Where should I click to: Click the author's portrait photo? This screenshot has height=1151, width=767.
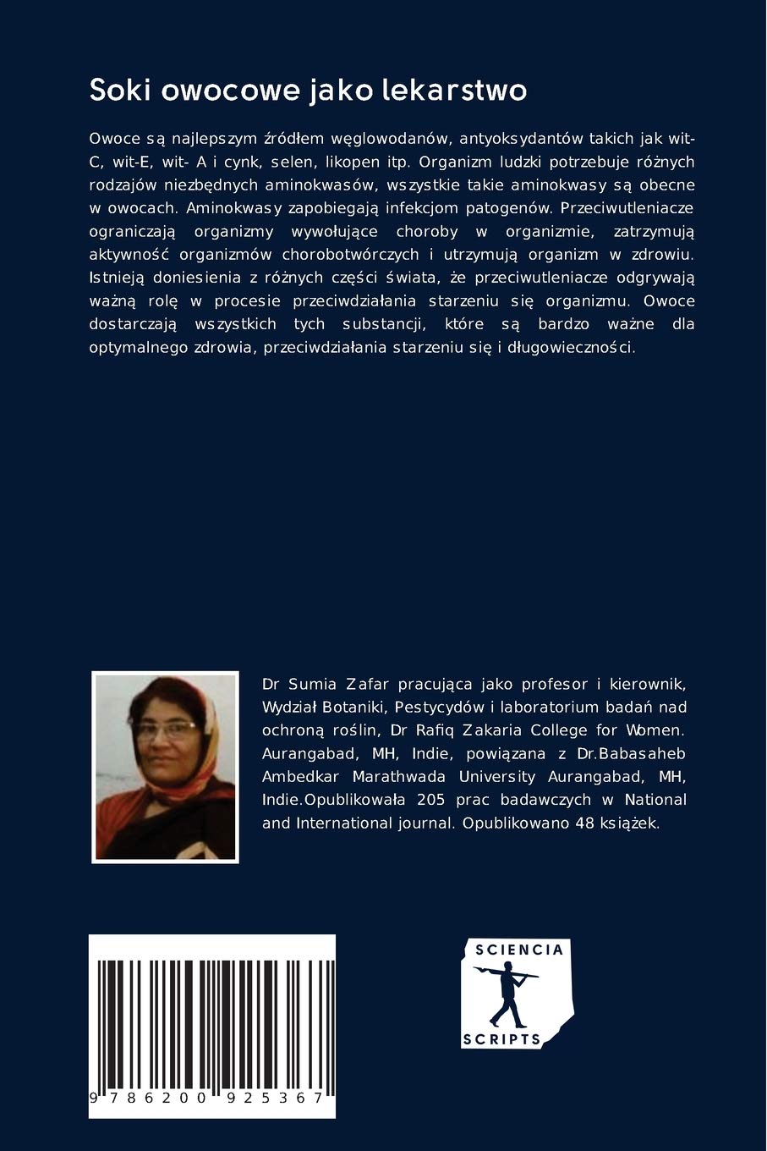tap(165, 767)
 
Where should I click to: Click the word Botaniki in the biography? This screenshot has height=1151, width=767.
tap(355, 707)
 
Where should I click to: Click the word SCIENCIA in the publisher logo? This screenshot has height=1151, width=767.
tap(518, 950)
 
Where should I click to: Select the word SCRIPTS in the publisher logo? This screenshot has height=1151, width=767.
tap(501, 1039)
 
